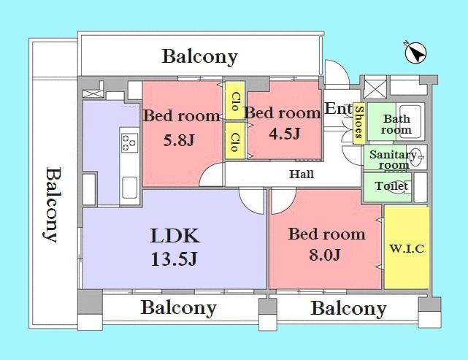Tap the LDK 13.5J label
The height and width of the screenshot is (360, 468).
tap(175, 246)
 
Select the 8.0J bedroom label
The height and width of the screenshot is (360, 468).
tap(326, 244)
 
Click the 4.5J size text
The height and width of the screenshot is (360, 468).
tap(282, 134)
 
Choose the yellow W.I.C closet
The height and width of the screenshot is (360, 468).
tap(406, 248)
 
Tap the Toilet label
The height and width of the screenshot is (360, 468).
tap(392, 186)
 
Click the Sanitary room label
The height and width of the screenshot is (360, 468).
tap(393, 159)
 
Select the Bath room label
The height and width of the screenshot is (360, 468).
tap(397, 124)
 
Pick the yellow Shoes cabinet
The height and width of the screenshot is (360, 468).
tap(358, 122)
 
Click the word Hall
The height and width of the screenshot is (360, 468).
tap(302, 175)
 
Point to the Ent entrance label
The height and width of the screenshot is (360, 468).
tap(338, 110)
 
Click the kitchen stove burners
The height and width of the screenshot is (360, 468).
tap(128, 142)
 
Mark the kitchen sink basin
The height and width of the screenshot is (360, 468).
tap(128, 187)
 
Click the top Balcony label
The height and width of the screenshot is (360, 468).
tap(200, 56)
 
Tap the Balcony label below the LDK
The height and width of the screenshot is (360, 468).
tap(178, 307)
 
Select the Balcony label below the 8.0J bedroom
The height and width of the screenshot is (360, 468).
tap(348, 308)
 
